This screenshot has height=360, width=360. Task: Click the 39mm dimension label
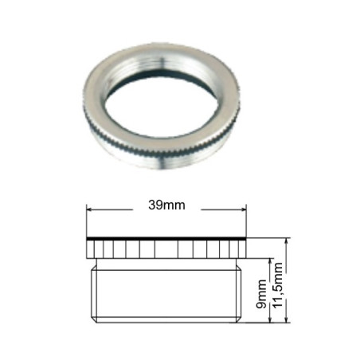[166, 205]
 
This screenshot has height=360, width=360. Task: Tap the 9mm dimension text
[261, 294]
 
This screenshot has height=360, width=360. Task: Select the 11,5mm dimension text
[278, 285]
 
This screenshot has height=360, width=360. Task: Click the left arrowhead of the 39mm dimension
[89, 209]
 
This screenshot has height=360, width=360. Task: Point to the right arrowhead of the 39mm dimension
[244, 209]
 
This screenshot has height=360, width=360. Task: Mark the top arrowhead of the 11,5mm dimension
[286, 241]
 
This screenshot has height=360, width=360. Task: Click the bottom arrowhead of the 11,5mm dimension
[286, 320]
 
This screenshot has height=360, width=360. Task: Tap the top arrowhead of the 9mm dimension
[270, 262]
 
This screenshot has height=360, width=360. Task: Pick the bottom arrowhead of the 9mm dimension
[270, 320]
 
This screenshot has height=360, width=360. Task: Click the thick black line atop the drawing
[166, 239]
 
